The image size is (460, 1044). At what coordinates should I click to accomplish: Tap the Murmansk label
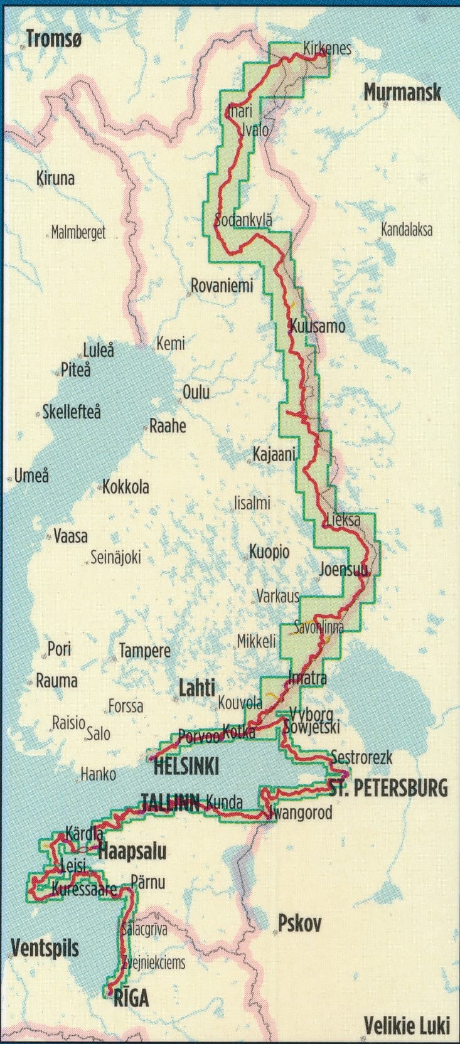click(402, 93)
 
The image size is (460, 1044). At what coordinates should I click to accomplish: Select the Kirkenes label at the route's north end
click(327, 48)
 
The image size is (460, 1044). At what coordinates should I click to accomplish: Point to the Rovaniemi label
click(222, 285)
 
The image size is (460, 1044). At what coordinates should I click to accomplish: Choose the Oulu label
click(196, 393)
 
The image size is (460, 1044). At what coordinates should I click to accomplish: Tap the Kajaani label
click(274, 454)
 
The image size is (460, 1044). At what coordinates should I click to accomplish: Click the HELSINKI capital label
click(186, 766)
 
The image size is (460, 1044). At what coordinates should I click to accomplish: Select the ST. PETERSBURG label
click(388, 787)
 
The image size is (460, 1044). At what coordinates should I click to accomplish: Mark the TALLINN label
click(170, 802)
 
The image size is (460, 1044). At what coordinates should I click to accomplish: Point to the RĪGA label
click(131, 998)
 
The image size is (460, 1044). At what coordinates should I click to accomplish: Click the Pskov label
click(300, 923)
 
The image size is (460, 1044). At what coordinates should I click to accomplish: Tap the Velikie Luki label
click(407, 1025)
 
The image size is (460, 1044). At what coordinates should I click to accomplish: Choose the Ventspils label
click(45, 947)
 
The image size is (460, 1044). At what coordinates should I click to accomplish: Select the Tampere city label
click(144, 651)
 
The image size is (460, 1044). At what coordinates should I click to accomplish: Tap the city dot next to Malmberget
click(48, 233)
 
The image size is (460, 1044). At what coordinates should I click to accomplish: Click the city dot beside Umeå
click(10, 477)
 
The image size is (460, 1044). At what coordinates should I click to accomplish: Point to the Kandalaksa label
click(407, 230)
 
